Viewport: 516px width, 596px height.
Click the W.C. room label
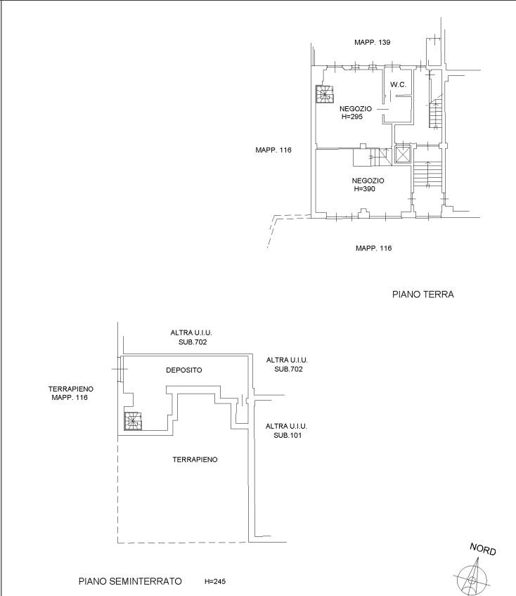pyautogui.click(x=398, y=85)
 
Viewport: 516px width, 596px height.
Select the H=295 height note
pyautogui.click(x=351, y=117)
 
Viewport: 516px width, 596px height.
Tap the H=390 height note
pyautogui.click(x=365, y=189)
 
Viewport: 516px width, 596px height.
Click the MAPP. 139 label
pyautogui.click(x=373, y=42)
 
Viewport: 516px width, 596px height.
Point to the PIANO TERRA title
pyautogui.click(x=423, y=294)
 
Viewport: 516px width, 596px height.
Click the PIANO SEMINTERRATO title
pyautogui.click(x=130, y=581)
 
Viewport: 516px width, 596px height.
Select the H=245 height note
pyautogui.click(x=215, y=581)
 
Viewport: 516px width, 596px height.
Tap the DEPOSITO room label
pyautogui.click(x=184, y=370)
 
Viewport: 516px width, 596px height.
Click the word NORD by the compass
pyautogui.click(x=483, y=549)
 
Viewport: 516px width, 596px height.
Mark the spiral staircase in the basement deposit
pyautogui.click(x=133, y=421)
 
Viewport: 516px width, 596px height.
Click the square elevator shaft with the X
pyautogui.click(x=403, y=155)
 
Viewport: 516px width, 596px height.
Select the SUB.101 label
pyautogui.click(x=288, y=436)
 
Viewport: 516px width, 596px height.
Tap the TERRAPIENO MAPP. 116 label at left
pyautogui.click(x=71, y=393)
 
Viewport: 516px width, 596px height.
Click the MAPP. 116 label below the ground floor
pyautogui.click(x=373, y=248)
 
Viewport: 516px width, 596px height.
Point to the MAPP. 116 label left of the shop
pyautogui.click(x=273, y=150)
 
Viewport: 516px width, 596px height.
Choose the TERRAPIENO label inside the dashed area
pyautogui.click(x=195, y=460)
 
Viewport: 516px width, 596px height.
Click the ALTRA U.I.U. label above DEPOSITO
pyautogui.click(x=191, y=332)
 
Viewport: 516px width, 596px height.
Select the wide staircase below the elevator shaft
pyautogui.click(x=428, y=174)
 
